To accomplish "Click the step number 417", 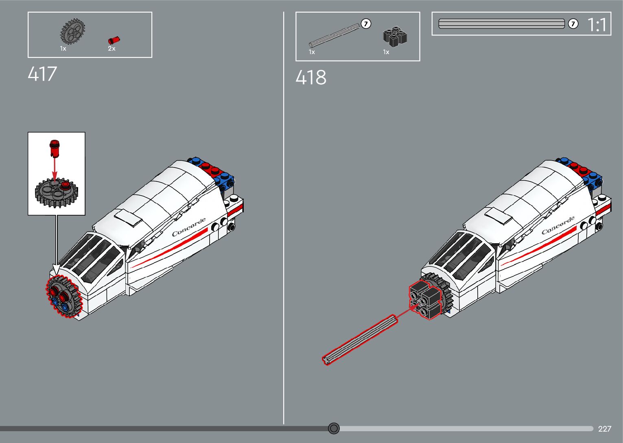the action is click(x=42, y=74).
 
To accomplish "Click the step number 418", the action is click(x=310, y=77).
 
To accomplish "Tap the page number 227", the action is click(x=605, y=429).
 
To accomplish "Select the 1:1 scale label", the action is click(x=597, y=25).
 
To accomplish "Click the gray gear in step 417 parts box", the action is click(x=72, y=31).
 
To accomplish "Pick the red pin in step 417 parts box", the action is click(x=114, y=40).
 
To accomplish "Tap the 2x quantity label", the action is click(x=111, y=49).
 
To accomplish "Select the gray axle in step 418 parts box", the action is click(x=334, y=34).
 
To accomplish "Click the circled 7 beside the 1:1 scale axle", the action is click(x=573, y=24).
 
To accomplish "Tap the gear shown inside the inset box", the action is click(x=56, y=192).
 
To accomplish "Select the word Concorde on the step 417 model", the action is click(x=189, y=227).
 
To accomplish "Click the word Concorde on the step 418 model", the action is click(x=558, y=225).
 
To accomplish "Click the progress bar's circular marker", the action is click(x=334, y=428).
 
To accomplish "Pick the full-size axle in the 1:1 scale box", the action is click(x=501, y=24).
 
